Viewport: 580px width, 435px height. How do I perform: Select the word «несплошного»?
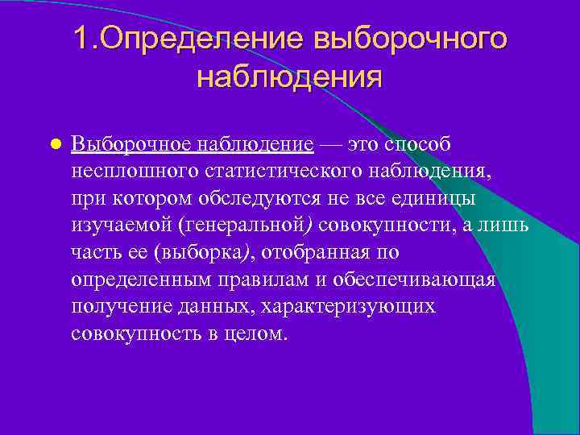[135, 172]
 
